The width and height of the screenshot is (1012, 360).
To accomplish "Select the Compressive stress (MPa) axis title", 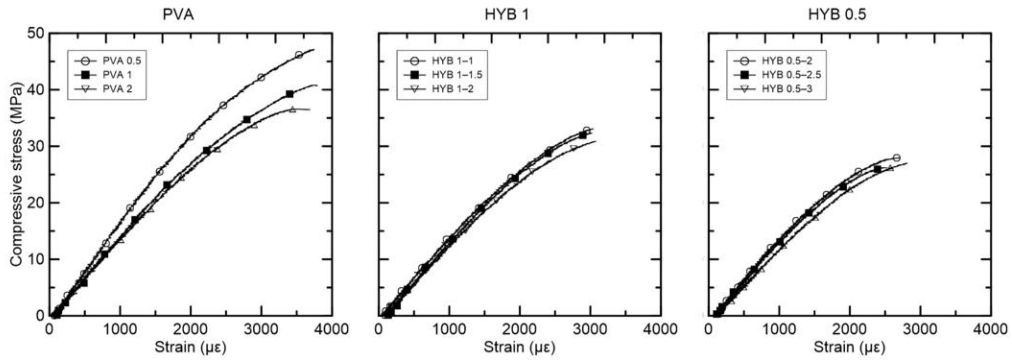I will (17, 174).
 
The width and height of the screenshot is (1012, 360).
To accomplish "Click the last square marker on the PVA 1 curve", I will (290, 94).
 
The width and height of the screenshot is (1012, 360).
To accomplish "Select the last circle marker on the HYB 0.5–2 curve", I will (896, 158).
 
